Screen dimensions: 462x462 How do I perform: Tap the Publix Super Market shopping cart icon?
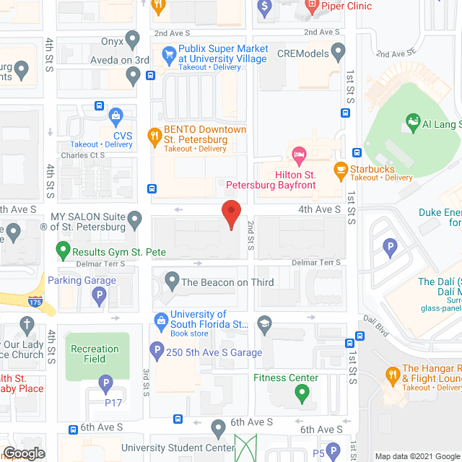[x=169, y=53]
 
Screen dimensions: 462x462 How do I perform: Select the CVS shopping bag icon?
[x=115, y=115]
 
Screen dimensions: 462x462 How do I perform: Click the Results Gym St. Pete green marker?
[x=64, y=253]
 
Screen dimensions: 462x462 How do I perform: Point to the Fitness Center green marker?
[x=301, y=393]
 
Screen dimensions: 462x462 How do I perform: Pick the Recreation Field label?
[x=95, y=354]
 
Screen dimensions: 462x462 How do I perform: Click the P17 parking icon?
[x=105, y=383]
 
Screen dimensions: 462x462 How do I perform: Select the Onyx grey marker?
[x=132, y=38]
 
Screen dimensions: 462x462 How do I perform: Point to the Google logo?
[x=24, y=453]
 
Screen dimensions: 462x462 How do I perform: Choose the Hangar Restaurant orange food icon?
[x=393, y=375]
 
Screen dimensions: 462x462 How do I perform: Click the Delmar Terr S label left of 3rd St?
[x=100, y=263]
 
